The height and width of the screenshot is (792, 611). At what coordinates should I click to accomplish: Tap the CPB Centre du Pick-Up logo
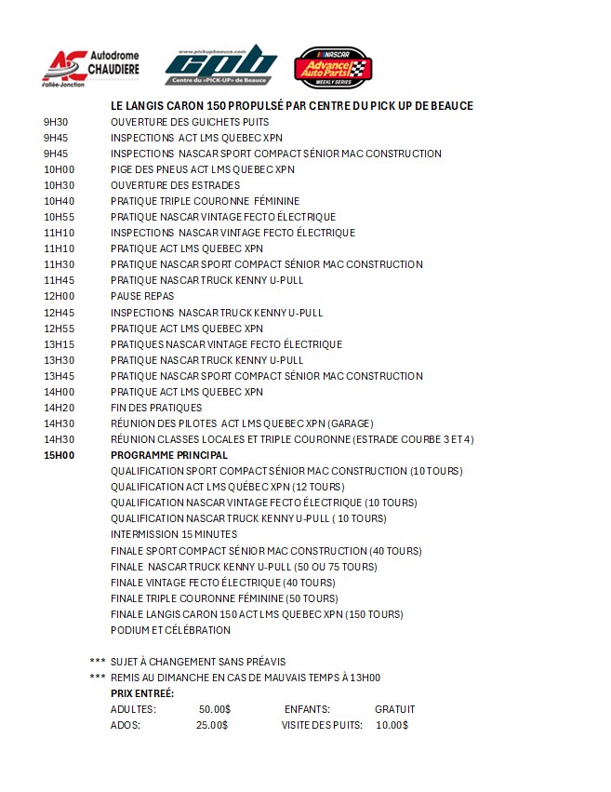(220, 65)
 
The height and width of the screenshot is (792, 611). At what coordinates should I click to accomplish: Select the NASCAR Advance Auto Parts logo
(333, 67)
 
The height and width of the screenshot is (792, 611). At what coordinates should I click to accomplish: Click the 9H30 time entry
(56, 122)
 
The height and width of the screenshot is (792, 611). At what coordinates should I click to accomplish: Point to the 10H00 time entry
(59, 169)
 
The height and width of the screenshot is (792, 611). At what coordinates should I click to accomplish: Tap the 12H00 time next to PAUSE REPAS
(59, 296)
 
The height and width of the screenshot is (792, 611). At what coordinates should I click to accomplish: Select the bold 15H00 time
(59, 455)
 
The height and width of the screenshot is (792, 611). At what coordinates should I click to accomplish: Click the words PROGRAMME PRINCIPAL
(168, 455)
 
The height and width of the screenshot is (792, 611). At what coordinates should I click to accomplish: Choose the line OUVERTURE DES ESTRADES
(175, 185)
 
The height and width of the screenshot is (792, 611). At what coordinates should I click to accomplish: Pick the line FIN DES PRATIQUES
(155, 408)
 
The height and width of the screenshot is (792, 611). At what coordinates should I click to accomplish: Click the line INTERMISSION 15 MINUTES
(173, 534)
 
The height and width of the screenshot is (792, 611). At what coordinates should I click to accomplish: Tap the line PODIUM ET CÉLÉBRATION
(170, 630)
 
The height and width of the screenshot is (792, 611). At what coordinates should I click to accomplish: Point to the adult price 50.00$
(214, 709)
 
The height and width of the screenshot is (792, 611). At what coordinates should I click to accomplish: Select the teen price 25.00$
(211, 725)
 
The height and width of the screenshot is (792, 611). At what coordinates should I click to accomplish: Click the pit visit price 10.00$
(392, 725)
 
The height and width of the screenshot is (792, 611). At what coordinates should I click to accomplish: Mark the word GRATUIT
(394, 709)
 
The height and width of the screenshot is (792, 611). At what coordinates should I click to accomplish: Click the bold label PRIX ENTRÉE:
(142, 693)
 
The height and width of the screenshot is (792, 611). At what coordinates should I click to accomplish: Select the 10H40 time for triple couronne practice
(59, 201)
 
